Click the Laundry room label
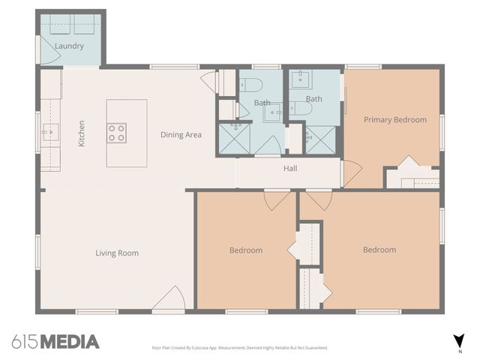(x=69, y=46)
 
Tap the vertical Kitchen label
(x=82, y=133)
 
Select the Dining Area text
(x=181, y=135)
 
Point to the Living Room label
(x=117, y=253)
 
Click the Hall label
(x=290, y=169)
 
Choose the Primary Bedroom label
(x=394, y=119)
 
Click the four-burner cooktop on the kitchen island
(x=117, y=133)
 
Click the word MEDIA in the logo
(x=69, y=342)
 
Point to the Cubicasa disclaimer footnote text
(x=240, y=348)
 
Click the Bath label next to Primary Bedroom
(x=313, y=99)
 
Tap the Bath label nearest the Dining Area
(x=262, y=103)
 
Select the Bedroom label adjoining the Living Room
(x=246, y=250)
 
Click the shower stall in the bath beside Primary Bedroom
(x=321, y=139)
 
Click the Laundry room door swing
(x=46, y=49)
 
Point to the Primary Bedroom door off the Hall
(x=351, y=174)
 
